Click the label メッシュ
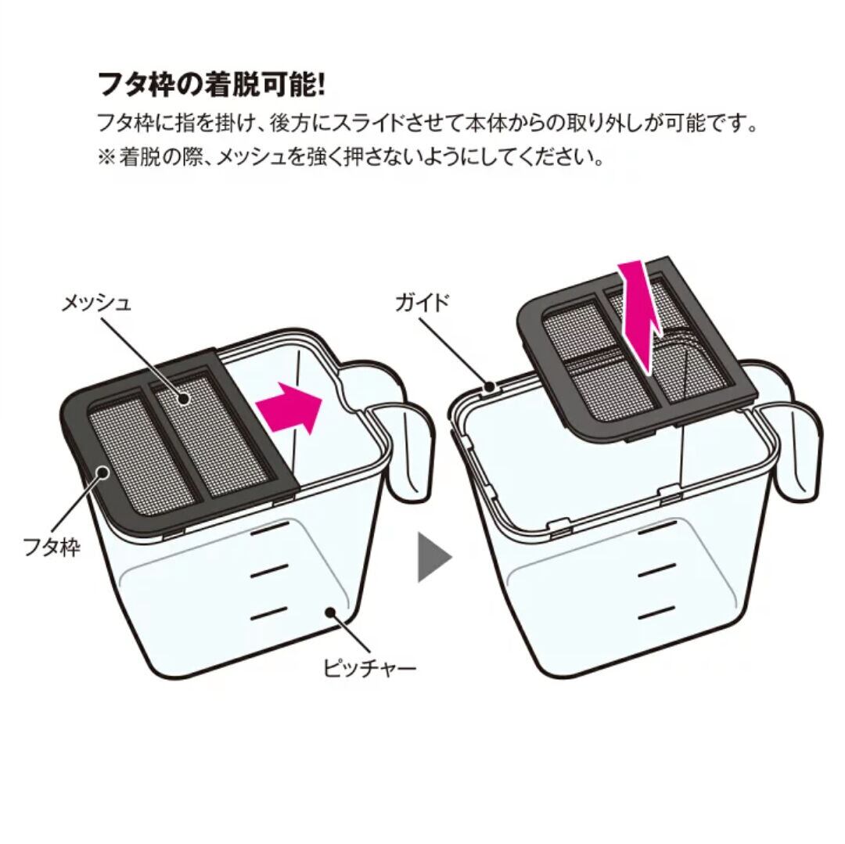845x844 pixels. [97, 303]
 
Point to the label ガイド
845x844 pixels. [426, 302]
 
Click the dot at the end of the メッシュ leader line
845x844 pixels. [185, 398]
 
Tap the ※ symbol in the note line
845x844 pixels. [106, 157]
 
